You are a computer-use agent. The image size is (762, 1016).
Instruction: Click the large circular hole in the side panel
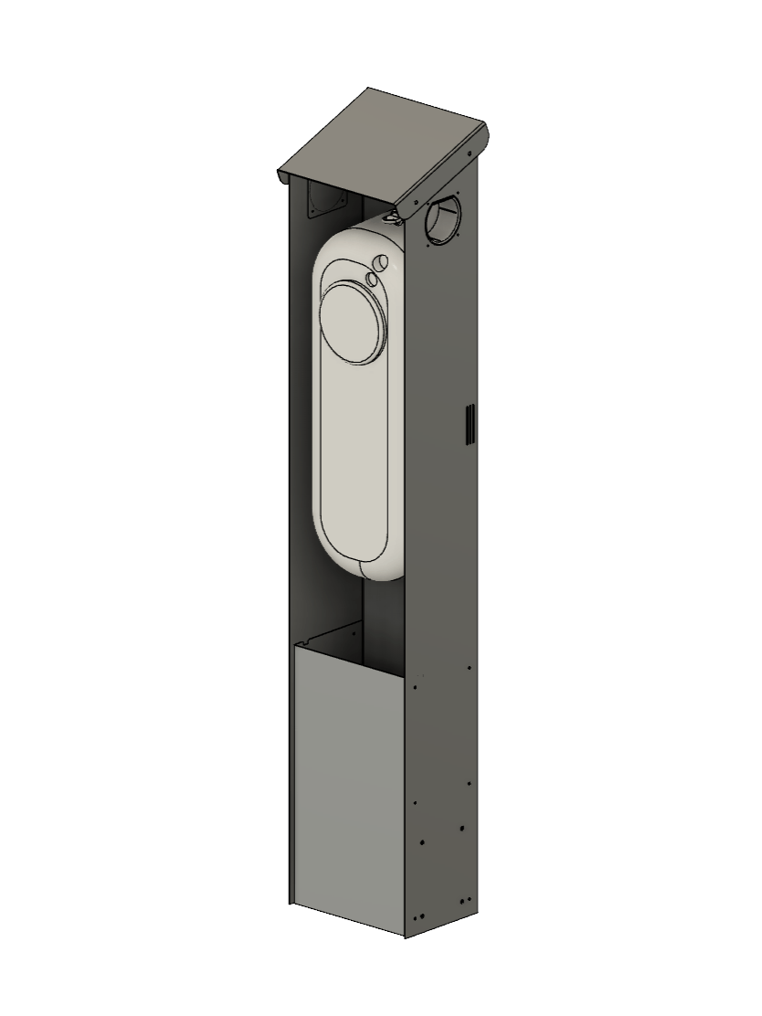tap(444, 219)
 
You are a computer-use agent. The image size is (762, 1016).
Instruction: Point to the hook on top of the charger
tap(393, 217)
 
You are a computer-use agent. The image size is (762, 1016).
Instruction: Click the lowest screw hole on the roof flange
tap(411, 206)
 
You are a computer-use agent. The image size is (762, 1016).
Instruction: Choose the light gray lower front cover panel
tap(347, 786)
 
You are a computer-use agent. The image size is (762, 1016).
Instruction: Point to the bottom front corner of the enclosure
tap(405, 935)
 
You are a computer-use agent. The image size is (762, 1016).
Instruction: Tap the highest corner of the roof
tap(368, 89)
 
